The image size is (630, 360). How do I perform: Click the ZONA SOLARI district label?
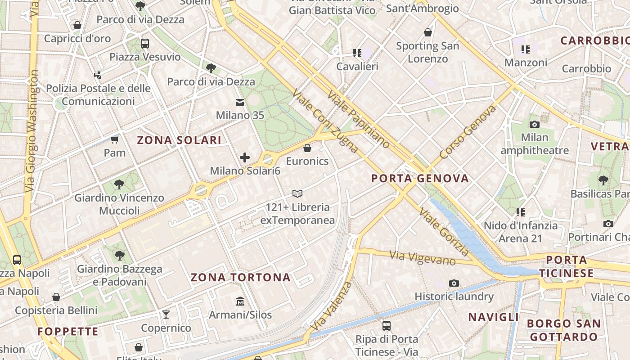pos(179,140)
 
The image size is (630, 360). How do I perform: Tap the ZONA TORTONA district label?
pos(241,277)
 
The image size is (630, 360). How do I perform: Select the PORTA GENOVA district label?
pos(420,179)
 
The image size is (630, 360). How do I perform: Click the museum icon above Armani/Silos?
pos(240,301)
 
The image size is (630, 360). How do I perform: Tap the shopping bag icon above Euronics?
pos(307,148)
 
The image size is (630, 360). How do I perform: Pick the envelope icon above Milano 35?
pos(240,103)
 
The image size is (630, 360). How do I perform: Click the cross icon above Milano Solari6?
pos(245,157)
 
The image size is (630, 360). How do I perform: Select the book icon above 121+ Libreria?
pos(297,193)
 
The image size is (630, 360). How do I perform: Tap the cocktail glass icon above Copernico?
pos(166,314)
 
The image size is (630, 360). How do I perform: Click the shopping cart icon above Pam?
pos(115,139)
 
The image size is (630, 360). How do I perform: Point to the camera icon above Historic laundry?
pos(454,283)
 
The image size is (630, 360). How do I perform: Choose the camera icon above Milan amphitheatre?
pos(535,124)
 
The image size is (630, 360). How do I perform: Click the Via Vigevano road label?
pos(423,258)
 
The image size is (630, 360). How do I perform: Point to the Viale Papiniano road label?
pos(359,120)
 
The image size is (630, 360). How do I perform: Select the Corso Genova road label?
pos(468,132)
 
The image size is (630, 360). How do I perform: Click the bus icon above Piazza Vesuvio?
pos(144,44)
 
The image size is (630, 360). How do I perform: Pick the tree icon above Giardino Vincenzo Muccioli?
pos(119,184)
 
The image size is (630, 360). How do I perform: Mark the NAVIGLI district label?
pos(494,317)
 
